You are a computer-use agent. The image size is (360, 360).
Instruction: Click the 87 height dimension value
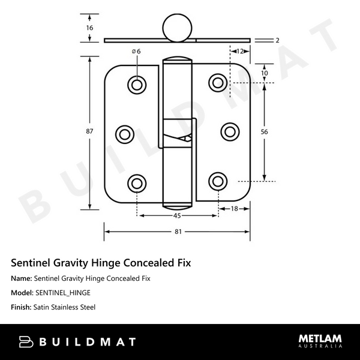click(x=89, y=132)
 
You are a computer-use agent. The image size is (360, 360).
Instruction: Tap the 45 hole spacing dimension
click(x=178, y=216)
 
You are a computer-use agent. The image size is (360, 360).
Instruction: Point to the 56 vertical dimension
click(x=264, y=132)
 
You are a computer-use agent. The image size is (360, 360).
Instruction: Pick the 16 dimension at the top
click(x=89, y=28)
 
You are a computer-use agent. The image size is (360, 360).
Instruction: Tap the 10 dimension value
click(x=264, y=73)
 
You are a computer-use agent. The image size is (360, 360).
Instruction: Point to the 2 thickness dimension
click(x=278, y=40)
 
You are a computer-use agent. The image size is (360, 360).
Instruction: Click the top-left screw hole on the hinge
click(x=138, y=84)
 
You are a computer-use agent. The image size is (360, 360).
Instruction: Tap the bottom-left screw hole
click(x=138, y=182)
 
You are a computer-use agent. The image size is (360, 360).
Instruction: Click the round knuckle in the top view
click(x=175, y=28)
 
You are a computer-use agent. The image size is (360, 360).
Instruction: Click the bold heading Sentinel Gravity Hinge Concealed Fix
click(x=101, y=263)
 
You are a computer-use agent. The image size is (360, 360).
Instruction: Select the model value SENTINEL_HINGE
click(x=63, y=293)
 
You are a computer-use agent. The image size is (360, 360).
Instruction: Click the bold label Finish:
click(x=22, y=307)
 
